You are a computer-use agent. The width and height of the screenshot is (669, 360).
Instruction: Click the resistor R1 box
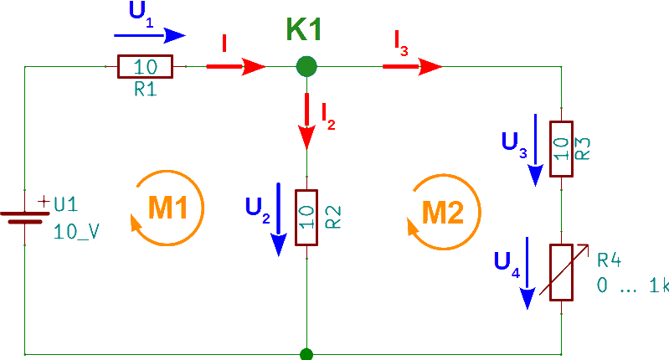click(145, 67)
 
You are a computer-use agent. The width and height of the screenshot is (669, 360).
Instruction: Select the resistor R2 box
click(307, 216)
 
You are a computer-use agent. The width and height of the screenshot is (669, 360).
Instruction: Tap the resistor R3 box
click(561, 149)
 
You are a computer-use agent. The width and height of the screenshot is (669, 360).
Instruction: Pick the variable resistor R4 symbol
click(561, 272)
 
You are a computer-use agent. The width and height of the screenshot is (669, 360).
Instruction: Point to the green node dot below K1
click(307, 66)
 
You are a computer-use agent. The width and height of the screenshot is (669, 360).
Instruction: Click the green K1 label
click(304, 30)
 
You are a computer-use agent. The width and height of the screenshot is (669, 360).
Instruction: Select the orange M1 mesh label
click(166, 208)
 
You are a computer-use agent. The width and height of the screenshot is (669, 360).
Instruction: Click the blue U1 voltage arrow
click(149, 35)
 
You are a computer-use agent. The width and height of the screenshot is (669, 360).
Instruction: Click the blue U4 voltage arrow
click(527, 273)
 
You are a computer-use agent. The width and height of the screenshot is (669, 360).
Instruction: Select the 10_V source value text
click(77, 232)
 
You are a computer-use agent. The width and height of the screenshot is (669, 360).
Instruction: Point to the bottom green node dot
click(306, 355)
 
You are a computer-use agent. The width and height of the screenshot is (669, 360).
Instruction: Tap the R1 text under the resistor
click(145, 89)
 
